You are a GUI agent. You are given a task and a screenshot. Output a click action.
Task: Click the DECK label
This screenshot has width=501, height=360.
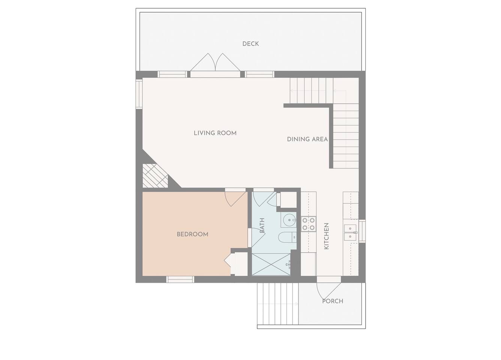click(250, 44)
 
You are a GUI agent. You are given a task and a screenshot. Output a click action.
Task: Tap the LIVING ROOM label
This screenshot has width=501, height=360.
click(215, 133)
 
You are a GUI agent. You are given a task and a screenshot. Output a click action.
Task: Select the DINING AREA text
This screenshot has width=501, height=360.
click(307, 139)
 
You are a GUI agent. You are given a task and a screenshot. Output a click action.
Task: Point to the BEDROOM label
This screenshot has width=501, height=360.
click(193, 234)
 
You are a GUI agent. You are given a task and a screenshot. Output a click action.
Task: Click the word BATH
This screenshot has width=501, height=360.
click(262, 225)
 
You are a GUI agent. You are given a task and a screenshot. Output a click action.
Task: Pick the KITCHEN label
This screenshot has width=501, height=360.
click(326, 236)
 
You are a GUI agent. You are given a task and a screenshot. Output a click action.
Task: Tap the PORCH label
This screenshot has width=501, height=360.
click(333, 301)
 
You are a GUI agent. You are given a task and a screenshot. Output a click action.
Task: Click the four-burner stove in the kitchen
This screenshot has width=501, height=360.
click(309, 224)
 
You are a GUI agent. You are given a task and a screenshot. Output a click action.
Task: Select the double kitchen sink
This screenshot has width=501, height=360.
click(350, 232)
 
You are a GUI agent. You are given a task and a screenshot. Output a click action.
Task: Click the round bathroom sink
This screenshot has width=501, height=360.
click(289, 220)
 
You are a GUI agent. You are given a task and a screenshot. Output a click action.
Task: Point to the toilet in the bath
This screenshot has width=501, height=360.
click(287, 237)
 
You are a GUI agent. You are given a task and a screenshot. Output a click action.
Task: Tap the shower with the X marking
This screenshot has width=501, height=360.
click(271, 264)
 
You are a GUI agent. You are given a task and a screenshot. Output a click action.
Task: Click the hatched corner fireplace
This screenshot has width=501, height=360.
click(155, 176)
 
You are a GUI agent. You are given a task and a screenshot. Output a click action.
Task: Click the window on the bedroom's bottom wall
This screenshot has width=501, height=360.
click(180, 279)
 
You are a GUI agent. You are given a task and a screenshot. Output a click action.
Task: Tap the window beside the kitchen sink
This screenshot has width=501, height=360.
click(362, 231)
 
